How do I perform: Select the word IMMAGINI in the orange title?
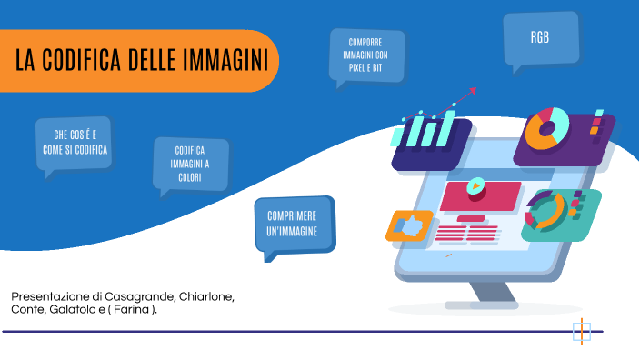tap(226, 60)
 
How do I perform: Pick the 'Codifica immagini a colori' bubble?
tap(190, 165)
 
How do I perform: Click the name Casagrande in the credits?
tap(140, 297)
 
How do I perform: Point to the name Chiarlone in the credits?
tap(206, 297)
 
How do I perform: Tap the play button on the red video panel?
tap(475, 187)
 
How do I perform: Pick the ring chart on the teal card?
tap(548, 213)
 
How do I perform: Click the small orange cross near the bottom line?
tap(582, 330)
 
